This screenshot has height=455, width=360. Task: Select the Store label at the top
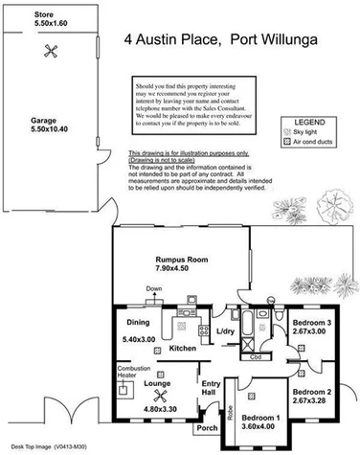coord(16,13)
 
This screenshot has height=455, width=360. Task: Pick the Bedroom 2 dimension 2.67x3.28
coord(311,402)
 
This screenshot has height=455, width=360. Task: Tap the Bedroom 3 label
coord(312,323)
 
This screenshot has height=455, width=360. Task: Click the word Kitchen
coord(183,350)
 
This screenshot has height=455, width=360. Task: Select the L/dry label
coord(226,331)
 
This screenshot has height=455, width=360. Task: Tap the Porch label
coord(206,428)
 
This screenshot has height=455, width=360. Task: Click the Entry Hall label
coord(211,390)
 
